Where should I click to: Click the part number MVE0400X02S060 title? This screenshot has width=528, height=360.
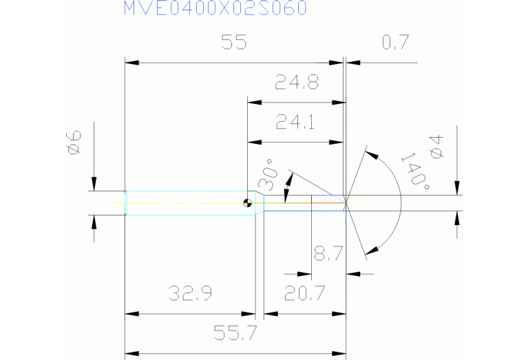coord(215,8)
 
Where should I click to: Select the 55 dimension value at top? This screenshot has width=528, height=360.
coord(234,43)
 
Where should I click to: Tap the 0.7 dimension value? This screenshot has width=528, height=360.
coord(395,43)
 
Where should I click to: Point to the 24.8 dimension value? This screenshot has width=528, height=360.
coord(296,83)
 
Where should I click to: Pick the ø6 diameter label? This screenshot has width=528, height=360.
coord(74,143)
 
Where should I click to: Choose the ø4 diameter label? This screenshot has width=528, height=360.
coord(435,149)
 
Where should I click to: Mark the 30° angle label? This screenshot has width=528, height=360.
coord(268,178)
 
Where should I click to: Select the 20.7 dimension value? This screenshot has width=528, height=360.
coord(304,295)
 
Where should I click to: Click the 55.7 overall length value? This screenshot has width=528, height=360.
coord(235,334)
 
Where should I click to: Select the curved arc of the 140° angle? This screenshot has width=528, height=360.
coord(400,203)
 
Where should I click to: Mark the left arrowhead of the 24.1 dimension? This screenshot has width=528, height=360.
coord(253,142)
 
